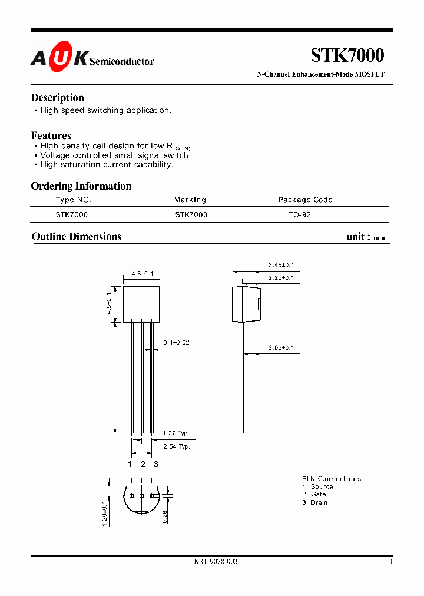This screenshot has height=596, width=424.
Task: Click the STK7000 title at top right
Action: click(347, 55)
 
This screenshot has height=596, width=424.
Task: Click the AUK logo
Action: click(59, 58)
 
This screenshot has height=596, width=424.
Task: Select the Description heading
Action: click(57, 98)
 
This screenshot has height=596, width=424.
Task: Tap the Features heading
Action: click(51, 135)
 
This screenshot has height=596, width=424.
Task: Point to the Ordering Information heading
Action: click(81, 186)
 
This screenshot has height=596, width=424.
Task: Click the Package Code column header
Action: click(305, 200)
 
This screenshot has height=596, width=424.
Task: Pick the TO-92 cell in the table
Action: click(300, 215)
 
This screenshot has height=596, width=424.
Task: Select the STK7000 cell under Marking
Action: click(191, 215)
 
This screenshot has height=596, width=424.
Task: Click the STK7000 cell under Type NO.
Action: click(71, 215)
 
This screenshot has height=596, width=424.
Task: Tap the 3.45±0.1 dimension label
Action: click(281, 265)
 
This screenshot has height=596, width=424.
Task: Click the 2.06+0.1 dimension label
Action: click(281, 348)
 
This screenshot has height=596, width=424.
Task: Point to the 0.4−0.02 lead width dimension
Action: click(176, 342)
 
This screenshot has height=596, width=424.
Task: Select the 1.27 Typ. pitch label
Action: click(175, 433)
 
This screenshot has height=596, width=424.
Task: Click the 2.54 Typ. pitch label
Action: click(176, 447)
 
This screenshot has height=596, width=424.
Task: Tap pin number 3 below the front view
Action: click(155, 464)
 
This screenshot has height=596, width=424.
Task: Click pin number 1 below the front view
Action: click(130, 464)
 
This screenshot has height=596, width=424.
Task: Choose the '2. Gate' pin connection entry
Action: click(314, 495)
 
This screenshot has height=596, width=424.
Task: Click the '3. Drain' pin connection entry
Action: click(314, 502)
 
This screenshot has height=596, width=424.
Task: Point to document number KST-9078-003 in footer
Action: click(216, 562)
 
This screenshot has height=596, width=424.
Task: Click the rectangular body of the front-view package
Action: click(141, 304)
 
